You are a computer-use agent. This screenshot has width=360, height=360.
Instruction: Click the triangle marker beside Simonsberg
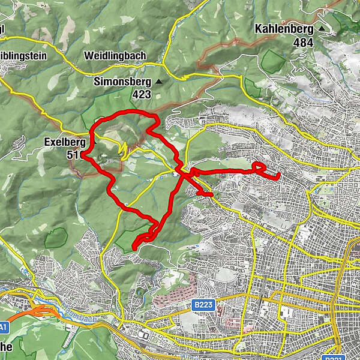[159, 82]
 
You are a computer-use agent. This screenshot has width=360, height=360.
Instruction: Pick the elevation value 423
[142, 94]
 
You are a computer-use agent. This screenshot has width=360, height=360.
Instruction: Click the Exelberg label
[65, 142]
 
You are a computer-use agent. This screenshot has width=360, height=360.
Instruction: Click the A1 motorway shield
[3, 326]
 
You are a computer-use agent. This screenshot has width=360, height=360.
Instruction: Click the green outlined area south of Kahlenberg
[273, 62]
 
